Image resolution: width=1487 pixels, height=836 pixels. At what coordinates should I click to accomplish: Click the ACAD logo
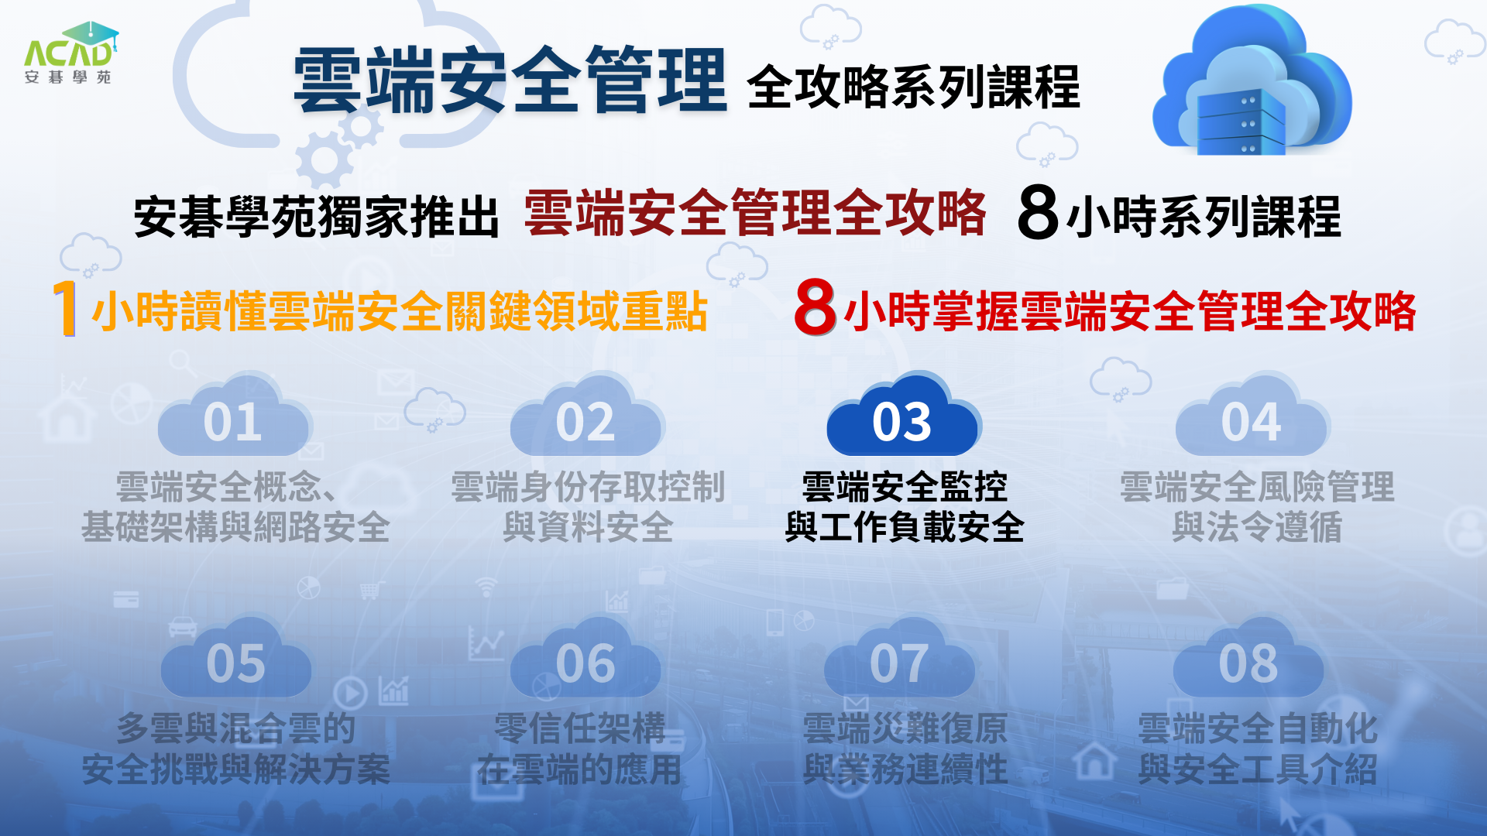[x=70, y=53]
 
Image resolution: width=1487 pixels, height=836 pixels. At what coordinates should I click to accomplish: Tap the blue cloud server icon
[x=1252, y=81]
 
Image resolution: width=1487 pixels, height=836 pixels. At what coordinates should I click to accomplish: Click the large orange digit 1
[x=66, y=308]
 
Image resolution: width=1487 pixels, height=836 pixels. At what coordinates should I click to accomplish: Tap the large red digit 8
[x=815, y=307]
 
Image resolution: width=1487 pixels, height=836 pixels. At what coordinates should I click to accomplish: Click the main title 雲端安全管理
[x=510, y=80]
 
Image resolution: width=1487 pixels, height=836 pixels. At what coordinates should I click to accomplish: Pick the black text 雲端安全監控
[x=905, y=486]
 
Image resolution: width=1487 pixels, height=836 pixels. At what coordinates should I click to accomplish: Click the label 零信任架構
[x=580, y=728]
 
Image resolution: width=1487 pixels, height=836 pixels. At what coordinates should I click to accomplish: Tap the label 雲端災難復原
[x=905, y=728]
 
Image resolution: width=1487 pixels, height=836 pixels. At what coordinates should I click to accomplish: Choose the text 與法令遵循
[x=1256, y=527]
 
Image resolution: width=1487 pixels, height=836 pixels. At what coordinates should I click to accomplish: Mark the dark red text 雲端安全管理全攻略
[x=755, y=212]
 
